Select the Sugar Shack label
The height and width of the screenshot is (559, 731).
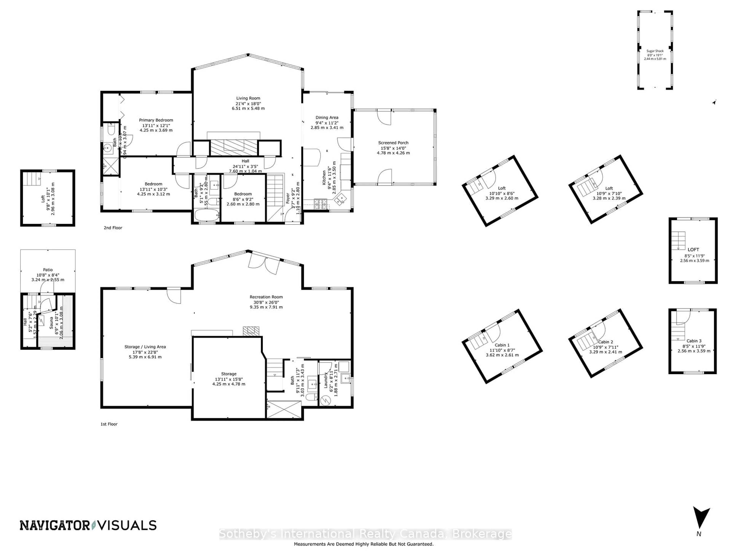655,51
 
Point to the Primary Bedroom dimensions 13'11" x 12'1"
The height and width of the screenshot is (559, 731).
156,125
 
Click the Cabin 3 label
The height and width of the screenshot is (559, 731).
694,341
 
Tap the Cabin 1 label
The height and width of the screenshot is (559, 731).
502,345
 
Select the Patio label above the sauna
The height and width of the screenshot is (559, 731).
48,270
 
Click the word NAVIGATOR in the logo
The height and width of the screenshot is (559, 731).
54,526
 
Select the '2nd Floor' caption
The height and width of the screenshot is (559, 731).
113,228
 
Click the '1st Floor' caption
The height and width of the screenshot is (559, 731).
109,424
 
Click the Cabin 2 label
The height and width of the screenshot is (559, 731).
605,342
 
